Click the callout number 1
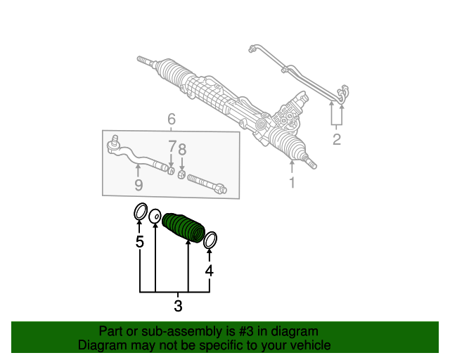[x=292, y=184]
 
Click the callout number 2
[x=337, y=139]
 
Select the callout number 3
[x=178, y=306]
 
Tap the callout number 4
[x=209, y=271]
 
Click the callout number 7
[x=171, y=148]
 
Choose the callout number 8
[x=182, y=149]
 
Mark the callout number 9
[x=139, y=185]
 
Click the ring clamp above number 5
[x=140, y=211]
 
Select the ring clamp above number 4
[x=210, y=240]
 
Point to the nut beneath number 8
[x=181, y=174]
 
